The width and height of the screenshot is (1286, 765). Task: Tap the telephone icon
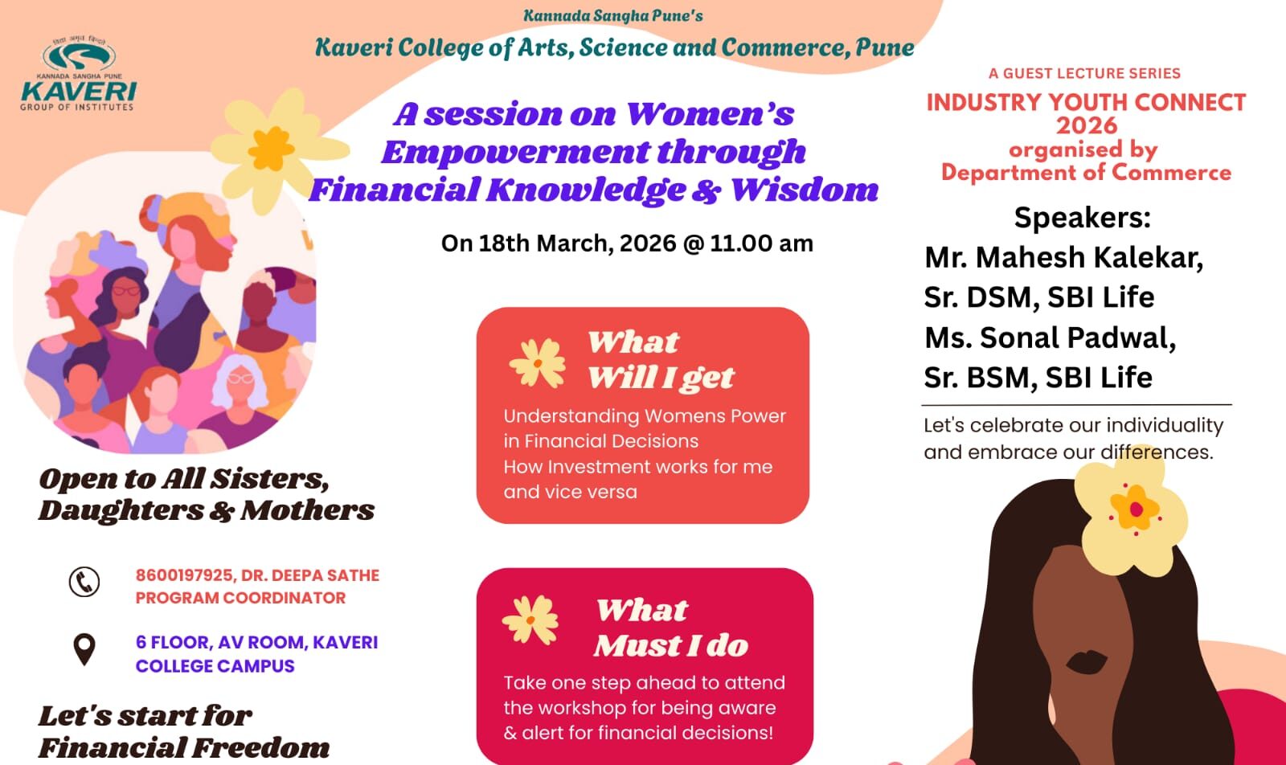[x=84, y=582]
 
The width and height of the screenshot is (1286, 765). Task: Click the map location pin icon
[x=84, y=649]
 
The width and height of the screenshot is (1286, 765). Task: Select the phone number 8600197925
[x=184, y=575]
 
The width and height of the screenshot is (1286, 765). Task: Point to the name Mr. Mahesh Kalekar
[x=1063, y=257]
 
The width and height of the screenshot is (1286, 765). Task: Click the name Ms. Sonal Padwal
[x=1050, y=337]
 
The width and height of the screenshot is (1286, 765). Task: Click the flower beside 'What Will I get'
[x=537, y=362]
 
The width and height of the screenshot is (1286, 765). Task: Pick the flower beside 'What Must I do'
[x=530, y=620]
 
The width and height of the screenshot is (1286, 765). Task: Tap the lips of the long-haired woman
[x=1087, y=661]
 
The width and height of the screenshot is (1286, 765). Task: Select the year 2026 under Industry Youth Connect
[x=1087, y=126]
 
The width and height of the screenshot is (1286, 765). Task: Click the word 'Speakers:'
[x=1082, y=218]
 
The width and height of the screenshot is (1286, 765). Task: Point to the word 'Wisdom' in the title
[x=805, y=190]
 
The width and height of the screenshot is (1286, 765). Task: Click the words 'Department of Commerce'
[x=1086, y=173]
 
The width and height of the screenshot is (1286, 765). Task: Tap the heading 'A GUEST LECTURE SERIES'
[x=1084, y=73]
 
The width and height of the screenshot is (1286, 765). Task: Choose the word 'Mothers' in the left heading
[x=308, y=510]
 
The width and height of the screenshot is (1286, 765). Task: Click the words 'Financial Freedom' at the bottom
[x=184, y=747]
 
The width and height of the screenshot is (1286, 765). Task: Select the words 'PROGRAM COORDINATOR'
[x=240, y=598]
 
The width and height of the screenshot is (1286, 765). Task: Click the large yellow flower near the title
[x=273, y=147]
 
